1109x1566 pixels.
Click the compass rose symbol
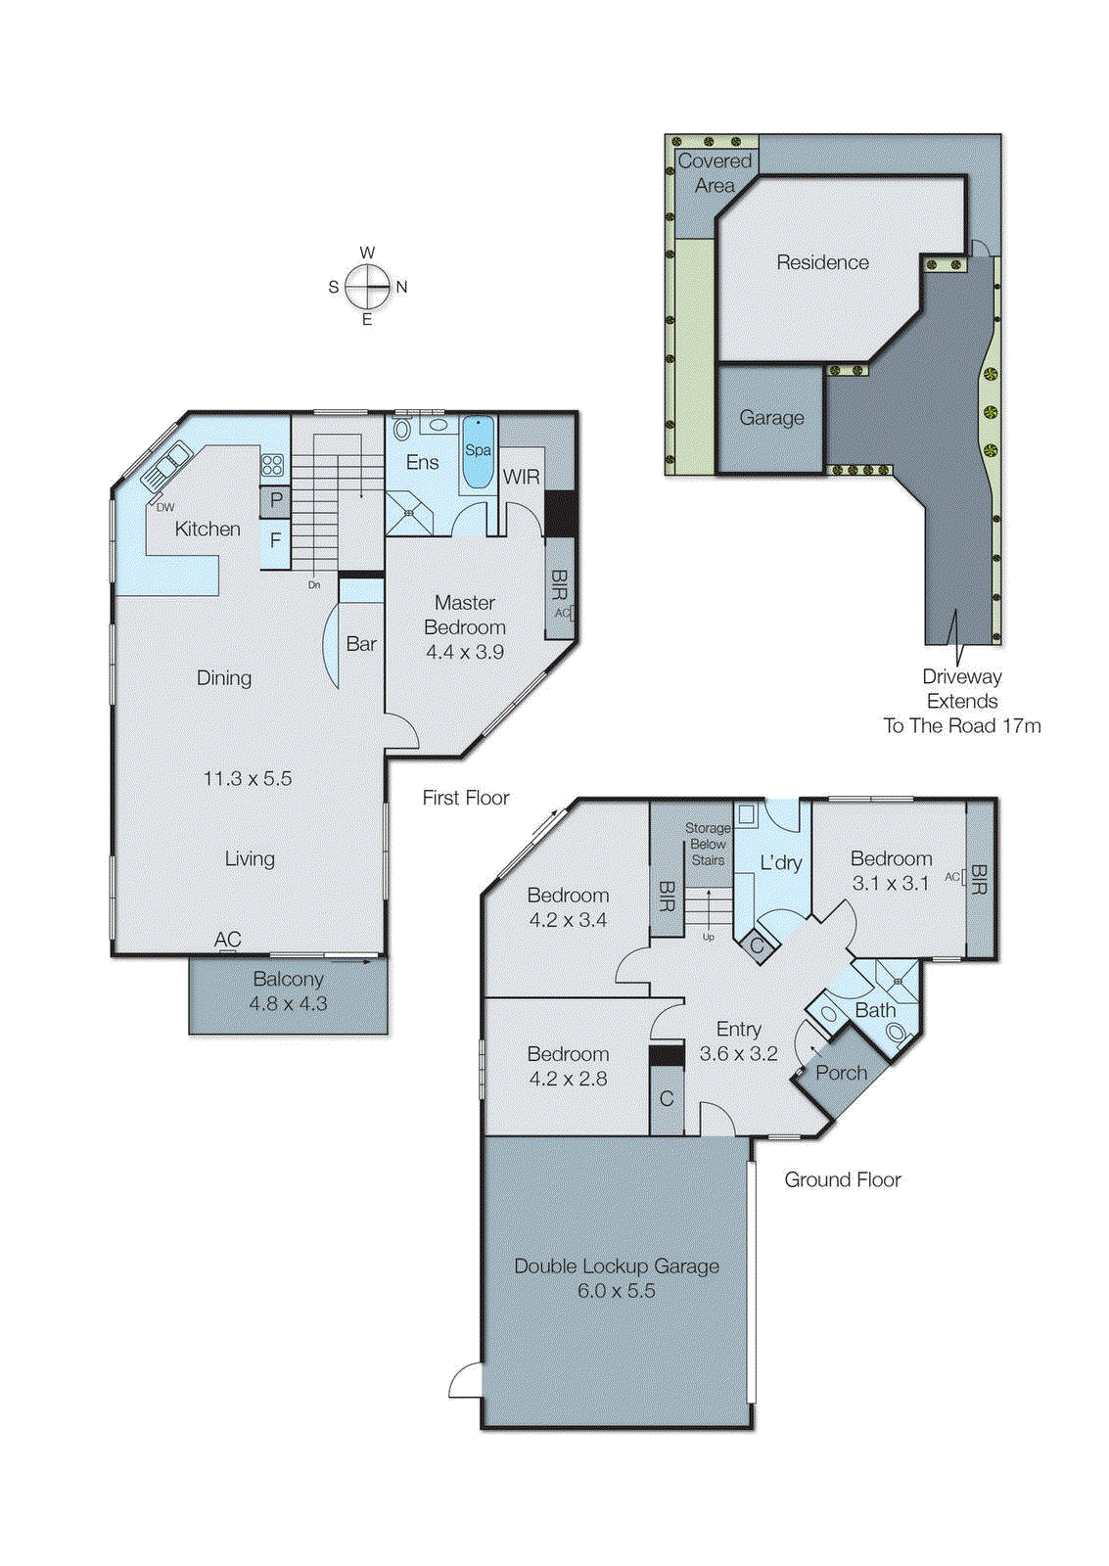click(x=368, y=287)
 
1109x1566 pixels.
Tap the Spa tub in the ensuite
click(x=478, y=453)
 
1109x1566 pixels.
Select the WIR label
click(x=521, y=477)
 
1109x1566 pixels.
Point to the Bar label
click(x=361, y=644)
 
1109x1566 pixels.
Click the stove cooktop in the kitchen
click(x=272, y=465)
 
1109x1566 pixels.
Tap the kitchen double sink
click(x=167, y=467)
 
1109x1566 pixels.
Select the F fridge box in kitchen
click(x=275, y=540)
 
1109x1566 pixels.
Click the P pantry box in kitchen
click(x=276, y=500)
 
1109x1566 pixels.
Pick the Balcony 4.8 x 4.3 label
click(x=288, y=990)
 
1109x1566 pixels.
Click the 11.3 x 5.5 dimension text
click(x=248, y=779)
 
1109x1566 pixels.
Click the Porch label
click(x=841, y=1073)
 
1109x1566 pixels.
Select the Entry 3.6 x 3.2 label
click(x=738, y=1041)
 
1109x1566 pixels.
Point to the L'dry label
click(x=780, y=862)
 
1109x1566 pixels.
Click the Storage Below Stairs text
click(x=708, y=844)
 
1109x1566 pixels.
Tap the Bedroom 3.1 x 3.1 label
click(x=891, y=870)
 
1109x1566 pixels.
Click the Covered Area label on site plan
click(x=715, y=173)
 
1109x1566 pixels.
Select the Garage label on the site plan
click(x=771, y=418)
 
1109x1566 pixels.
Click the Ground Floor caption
click(x=842, y=1180)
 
